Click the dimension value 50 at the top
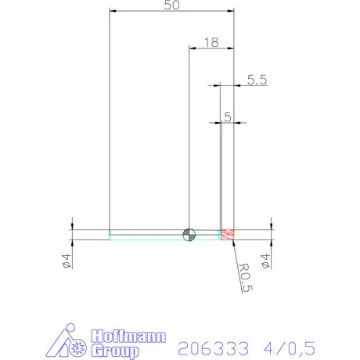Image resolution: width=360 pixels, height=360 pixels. (x=172, y=6)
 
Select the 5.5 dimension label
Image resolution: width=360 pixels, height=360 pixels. (x=257, y=79)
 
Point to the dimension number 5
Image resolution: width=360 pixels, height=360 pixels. (x=227, y=117)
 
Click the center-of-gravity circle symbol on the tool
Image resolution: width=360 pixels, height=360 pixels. (x=189, y=234)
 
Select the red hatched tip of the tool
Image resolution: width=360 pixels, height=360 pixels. (x=228, y=234)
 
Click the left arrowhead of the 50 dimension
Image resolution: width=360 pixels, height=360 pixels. (x=113, y=12)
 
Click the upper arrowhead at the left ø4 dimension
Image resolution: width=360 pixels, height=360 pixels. (x=72, y=225)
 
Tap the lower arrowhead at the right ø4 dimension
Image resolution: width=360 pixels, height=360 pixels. (x=271, y=243)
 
